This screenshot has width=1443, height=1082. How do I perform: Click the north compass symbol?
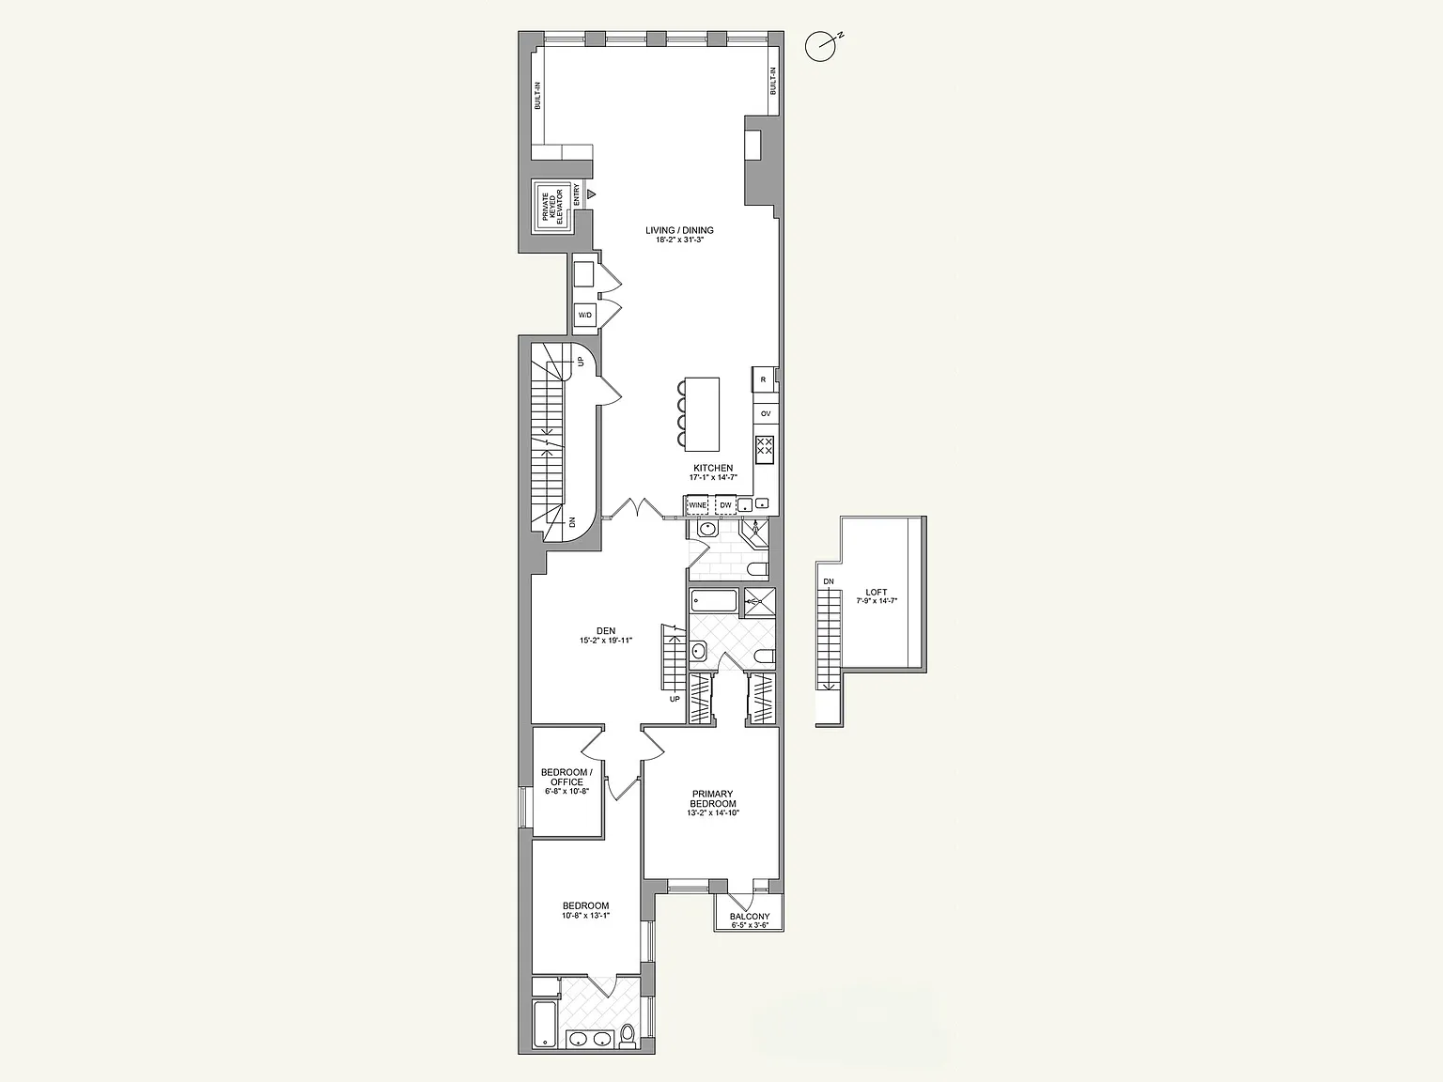click(x=822, y=46)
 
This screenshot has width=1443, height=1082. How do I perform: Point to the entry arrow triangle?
click(x=592, y=194)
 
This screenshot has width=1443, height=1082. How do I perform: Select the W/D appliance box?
click(x=584, y=316)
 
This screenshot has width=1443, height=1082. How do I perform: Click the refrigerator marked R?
click(x=763, y=379)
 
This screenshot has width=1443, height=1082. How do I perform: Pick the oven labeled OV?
click(x=766, y=414)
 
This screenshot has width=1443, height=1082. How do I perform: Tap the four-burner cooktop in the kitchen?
click(x=765, y=450)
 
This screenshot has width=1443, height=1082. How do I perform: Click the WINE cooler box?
click(x=697, y=504)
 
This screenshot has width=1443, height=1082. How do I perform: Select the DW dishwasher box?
click(x=725, y=504)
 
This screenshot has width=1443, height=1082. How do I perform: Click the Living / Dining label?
click(x=679, y=230)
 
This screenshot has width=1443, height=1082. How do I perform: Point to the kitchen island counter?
click(x=702, y=414)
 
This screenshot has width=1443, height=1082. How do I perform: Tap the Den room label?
click(x=605, y=630)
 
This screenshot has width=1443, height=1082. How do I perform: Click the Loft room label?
click(x=877, y=592)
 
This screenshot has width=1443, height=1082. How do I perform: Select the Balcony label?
click(x=750, y=917)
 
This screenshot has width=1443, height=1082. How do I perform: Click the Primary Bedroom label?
click(x=713, y=798)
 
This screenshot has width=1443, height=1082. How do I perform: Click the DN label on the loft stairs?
click(x=829, y=581)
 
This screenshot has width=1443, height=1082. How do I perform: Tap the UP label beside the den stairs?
click(x=675, y=699)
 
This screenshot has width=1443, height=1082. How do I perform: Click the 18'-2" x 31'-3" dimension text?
click(x=679, y=240)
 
